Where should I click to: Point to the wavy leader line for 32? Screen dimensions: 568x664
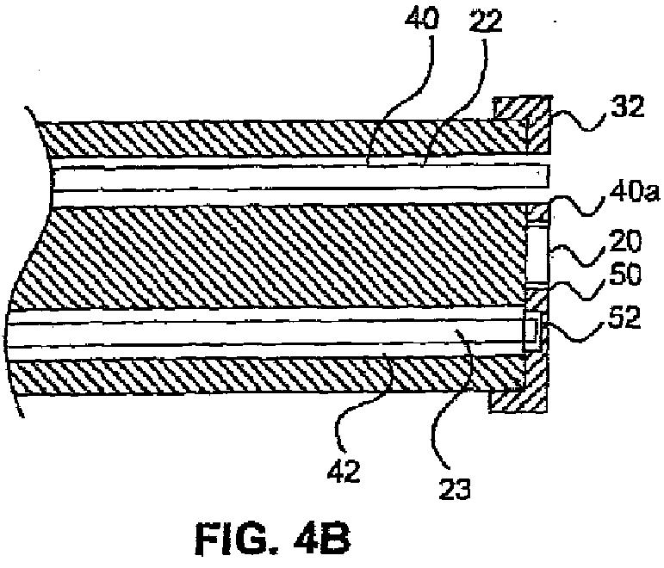tap(575, 120)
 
